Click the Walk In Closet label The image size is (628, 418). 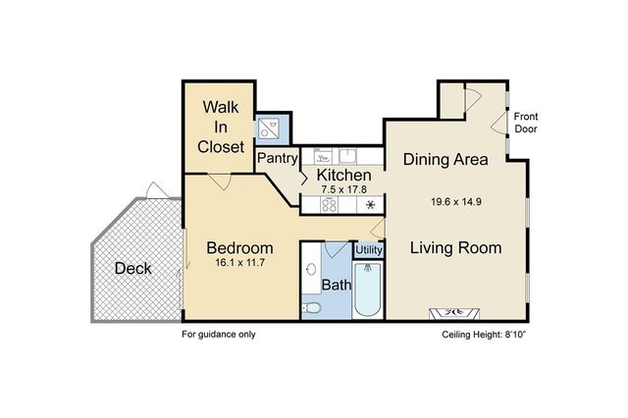221,127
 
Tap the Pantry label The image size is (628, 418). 277,158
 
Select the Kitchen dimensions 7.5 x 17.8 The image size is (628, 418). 344,189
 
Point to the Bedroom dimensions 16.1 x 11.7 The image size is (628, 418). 239,263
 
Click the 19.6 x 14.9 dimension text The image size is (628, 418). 455,201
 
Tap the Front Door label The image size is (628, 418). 526,123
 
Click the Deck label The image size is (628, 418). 133,268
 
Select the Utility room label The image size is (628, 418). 369,250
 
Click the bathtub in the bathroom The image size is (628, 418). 368,289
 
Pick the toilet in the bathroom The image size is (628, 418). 312,308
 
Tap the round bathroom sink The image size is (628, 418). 311,269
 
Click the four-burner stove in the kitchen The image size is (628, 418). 330,205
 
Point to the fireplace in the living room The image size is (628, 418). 454,313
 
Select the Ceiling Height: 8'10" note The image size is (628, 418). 484,335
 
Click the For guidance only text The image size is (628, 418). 219,334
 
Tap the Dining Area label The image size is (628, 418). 445,159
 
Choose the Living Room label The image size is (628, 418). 455,247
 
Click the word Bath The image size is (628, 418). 337,285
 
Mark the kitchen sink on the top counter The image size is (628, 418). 348,156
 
